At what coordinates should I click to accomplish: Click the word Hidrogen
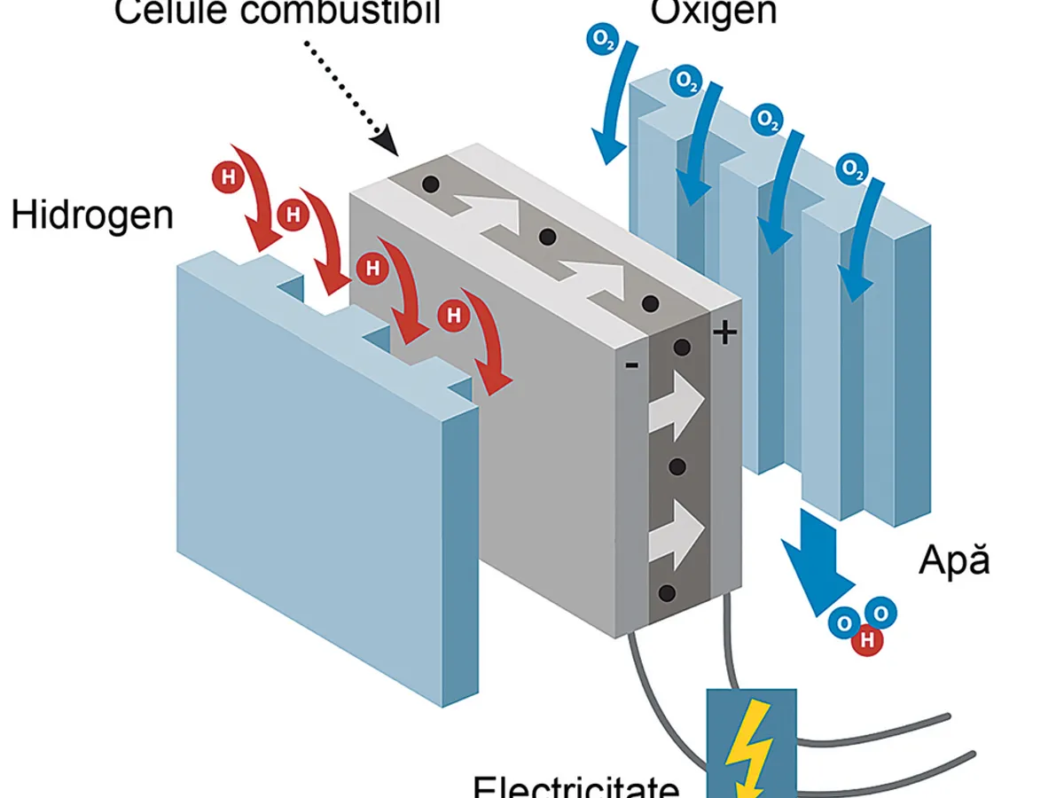click(x=92, y=215)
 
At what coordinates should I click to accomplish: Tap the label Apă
click(x=954, y=561)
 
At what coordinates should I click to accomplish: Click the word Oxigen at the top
click(x=714, y=12)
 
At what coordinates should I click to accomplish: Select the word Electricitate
click(x=576, y=786)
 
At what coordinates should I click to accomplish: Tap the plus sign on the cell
click(x=725, y=333)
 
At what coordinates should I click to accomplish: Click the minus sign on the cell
click(x=630, y=364)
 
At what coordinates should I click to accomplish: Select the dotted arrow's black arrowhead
click(x=383, y=138)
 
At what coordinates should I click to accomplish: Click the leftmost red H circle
click(x=229, y=177)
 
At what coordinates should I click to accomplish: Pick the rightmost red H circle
click(x=454, y=314)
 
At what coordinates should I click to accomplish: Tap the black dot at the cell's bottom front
click(x=668, y=593)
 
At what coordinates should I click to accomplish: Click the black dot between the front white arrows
click(x=679, y=466)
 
